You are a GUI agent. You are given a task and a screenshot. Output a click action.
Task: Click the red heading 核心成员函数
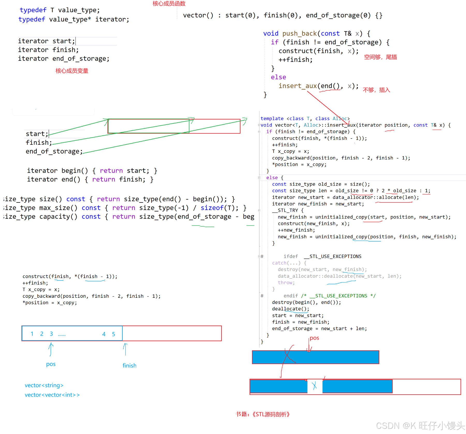169,4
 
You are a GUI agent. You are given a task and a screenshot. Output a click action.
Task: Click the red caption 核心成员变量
72,71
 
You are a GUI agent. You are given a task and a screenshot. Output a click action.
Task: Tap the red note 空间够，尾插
380,57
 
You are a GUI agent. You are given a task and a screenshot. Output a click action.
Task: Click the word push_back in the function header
299,33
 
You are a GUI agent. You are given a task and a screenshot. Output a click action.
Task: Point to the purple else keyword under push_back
278,77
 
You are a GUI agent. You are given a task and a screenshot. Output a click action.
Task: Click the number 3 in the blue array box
51,334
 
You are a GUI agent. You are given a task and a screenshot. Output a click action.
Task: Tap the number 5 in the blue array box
113,334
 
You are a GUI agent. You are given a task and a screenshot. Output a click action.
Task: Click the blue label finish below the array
129,365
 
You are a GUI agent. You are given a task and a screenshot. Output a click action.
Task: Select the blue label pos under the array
51,364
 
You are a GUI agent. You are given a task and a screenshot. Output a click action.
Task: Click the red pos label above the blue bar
314,338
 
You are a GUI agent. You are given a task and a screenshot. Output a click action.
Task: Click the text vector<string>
44,385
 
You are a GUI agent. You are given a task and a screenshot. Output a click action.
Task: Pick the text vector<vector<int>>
52,395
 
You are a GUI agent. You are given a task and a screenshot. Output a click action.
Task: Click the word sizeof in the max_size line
212,208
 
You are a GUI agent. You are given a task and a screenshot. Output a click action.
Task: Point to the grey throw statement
286,283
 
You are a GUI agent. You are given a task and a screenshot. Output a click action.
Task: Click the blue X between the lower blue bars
314,386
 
